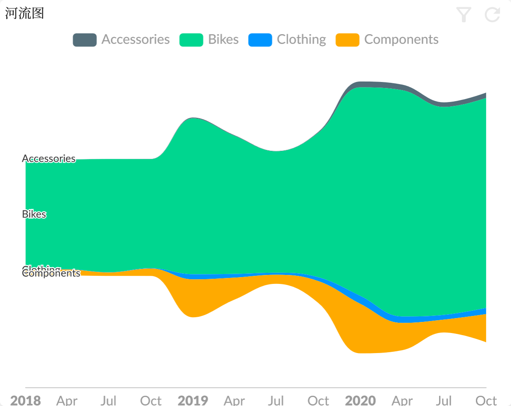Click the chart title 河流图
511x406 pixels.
24,13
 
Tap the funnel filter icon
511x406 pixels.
464,15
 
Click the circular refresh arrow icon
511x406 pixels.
492,15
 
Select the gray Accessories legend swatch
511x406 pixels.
84,40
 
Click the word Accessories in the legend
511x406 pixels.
136,40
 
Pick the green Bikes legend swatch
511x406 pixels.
191,40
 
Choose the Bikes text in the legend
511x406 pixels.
223,40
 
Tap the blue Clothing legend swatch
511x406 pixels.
260,40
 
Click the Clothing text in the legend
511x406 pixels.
301,40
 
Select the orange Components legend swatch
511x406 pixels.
347,40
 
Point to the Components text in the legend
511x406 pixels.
401,40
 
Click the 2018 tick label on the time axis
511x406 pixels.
26,400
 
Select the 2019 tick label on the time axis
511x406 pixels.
193,400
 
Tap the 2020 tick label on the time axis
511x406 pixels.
360,400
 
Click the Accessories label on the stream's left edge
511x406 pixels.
49,159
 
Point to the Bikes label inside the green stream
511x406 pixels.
34,214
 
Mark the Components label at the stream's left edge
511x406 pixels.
51,274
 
